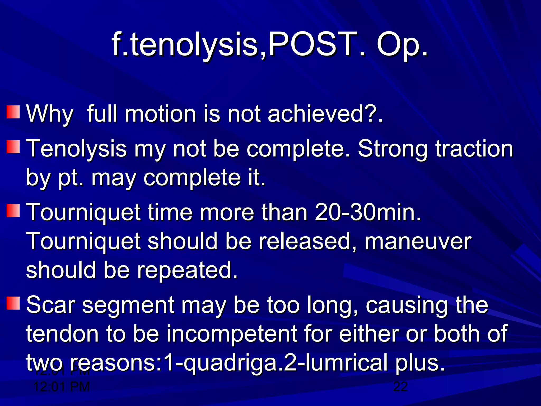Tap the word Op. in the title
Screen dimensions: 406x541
click(x=402, y=45)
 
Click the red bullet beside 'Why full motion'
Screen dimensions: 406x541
click(x=13, y=112)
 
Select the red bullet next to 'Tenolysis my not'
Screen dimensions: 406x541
click(x=13, y=147)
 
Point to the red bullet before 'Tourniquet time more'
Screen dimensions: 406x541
click(x=13, y=210)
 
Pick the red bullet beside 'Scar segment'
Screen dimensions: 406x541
click(x=13, y=303)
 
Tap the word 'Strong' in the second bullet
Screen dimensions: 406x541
click(x=393, y=149)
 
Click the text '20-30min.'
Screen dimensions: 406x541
click(x=368, y=212)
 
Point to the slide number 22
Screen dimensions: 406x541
click(x=400, y=387)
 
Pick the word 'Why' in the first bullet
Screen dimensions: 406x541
click(x=50, y=114)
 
